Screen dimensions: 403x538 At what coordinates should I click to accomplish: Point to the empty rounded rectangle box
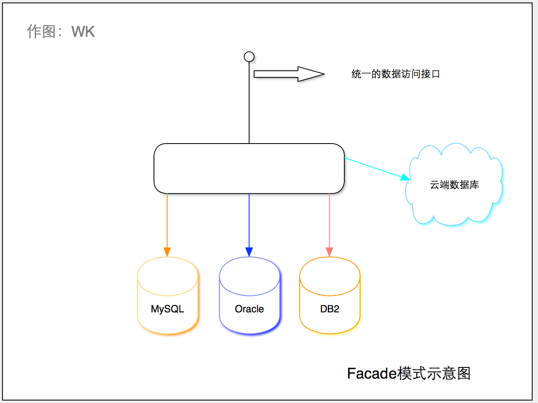[249, 168]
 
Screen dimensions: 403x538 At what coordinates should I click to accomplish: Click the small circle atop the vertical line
[249, 57]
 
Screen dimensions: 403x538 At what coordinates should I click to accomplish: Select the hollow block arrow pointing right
[289, 74]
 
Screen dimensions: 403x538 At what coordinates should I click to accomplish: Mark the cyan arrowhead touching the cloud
[405, 178]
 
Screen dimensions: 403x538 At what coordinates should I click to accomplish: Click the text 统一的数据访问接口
[396, 74]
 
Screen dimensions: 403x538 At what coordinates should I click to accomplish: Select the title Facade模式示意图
[409, 373]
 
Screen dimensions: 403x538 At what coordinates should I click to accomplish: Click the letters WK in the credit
[83, 32]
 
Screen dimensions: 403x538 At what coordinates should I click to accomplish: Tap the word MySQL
[168, 309]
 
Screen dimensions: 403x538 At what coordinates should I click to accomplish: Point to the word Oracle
[250, 309]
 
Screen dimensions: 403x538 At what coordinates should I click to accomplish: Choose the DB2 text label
[330, 309]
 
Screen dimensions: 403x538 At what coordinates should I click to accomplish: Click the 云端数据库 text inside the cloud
[454, 185]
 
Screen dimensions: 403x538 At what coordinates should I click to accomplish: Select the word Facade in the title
[372, 373]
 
